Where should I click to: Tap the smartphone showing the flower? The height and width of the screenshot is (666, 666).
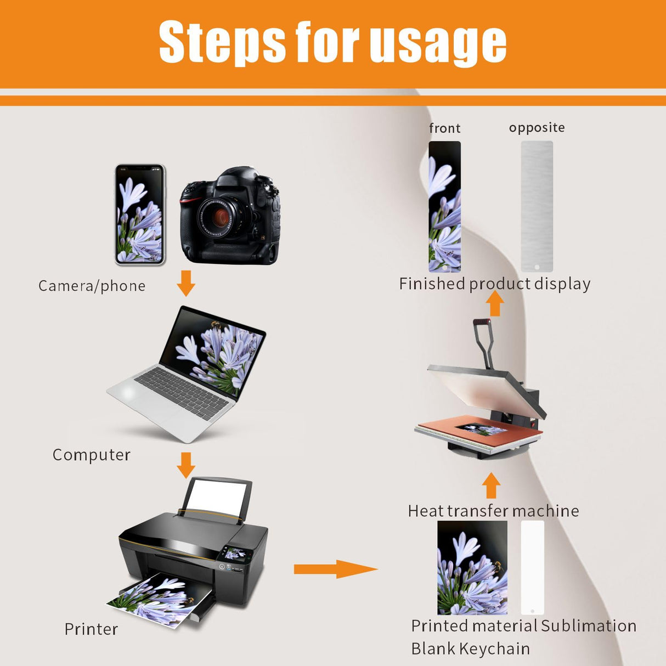pos(140,215)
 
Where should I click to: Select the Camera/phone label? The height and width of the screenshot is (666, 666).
pos(92,286)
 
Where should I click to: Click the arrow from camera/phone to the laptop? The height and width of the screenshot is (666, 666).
pos(186,284)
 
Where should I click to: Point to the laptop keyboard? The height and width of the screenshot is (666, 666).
pos(182,392)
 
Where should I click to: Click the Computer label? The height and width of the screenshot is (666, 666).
pos(92,455)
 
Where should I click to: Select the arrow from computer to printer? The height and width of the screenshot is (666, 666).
pos(186,465)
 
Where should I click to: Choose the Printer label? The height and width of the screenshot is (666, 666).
pos(91,630)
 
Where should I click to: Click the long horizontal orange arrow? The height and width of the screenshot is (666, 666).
pos(336,569)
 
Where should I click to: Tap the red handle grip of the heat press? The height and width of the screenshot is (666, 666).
pos(482,322)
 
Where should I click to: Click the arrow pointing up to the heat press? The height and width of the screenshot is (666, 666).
pos(491,486)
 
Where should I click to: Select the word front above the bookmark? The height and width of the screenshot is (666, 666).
pos(445,128)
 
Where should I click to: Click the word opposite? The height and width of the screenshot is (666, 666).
pos(537,128)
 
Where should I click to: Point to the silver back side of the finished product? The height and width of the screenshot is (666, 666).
pos(537,206)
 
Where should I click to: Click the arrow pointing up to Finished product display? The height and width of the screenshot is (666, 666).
pos(495,303)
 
